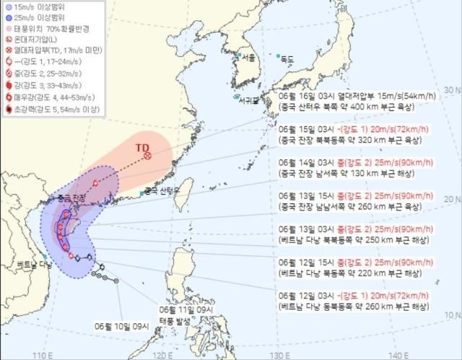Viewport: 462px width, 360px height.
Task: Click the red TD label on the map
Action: click(x=141, y=147)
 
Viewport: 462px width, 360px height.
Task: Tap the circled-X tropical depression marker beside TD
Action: click(x=148, y=156)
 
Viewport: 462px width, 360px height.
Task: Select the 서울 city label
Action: click(x=249, y=58)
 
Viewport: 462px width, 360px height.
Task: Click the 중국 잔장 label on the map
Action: click(x=71, y=198)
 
